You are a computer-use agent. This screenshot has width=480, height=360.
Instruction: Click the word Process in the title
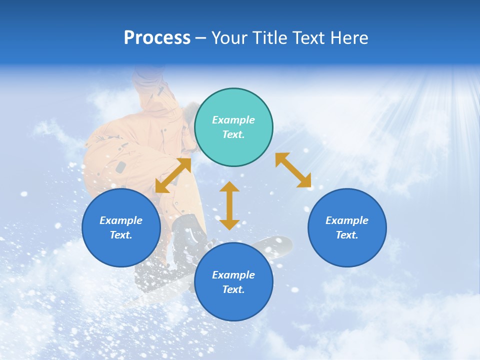click(157, 38)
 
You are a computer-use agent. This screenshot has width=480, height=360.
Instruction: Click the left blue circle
click(121, 227)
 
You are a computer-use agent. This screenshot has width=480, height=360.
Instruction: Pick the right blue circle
click(347, 227)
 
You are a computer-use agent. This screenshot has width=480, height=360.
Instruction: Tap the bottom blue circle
click(233, 281)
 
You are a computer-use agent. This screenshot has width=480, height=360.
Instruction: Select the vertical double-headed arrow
click(229, 205)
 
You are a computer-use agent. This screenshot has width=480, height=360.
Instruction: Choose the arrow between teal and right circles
click(293, 170)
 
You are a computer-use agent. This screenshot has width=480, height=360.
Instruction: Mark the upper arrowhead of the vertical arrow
click(229, 187)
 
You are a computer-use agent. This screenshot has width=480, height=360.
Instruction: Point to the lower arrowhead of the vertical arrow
click(229, 224)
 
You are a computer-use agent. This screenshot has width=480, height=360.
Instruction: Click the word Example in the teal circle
click(233, 120)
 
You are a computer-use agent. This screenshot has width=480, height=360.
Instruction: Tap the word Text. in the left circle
click(121, 235)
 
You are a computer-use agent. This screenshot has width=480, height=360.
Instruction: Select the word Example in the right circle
click(347, 220)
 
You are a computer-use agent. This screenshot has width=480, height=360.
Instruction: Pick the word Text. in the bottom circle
click(233, 289)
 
